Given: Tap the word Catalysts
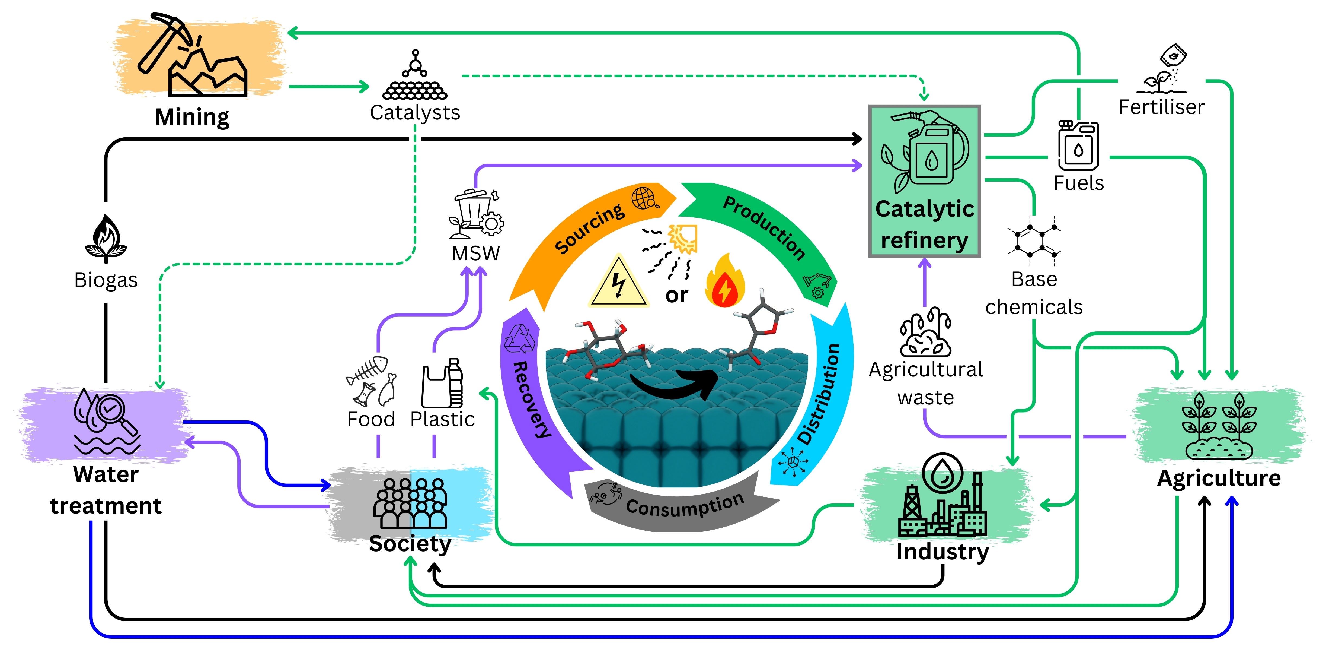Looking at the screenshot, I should click(415, 113).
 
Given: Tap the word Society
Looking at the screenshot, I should click(410, 544).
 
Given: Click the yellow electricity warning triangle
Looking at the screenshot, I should click(618, 284).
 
